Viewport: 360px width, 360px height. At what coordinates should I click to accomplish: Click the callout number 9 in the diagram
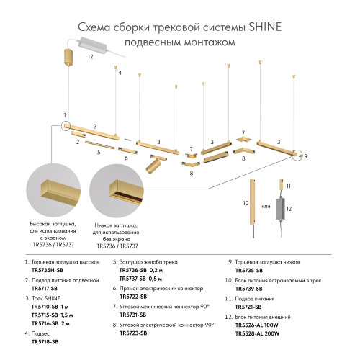(306, 156)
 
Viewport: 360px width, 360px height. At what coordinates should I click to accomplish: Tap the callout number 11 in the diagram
(288, 186)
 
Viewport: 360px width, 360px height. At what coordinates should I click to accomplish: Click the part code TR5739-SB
(248, 289)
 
